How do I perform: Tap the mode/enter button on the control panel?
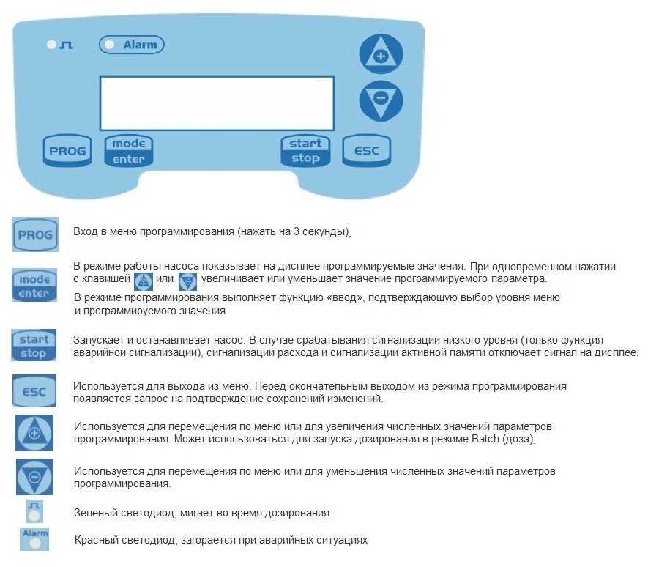(x=129, y=151)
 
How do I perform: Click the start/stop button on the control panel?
(x=305, y=151)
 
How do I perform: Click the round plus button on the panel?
(x=381, y=56)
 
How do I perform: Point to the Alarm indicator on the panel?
(x=132, y=45)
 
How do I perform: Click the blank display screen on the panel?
(x=217, y=103)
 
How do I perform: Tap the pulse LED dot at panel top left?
(x=51, y=45)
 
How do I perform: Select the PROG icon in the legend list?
(x=35, y=234)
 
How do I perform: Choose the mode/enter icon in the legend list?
(x=34, y=286)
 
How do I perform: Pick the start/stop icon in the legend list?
(x=34, y=346)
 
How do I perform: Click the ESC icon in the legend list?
(x=34, y=391)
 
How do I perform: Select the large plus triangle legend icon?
(x=34, y=433)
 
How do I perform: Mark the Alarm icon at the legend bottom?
(x=34, y=538)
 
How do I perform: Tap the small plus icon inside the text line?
(x=143, y=280)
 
